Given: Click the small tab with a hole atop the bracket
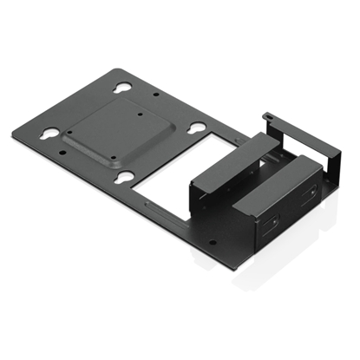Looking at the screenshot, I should [x=269, y=114].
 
